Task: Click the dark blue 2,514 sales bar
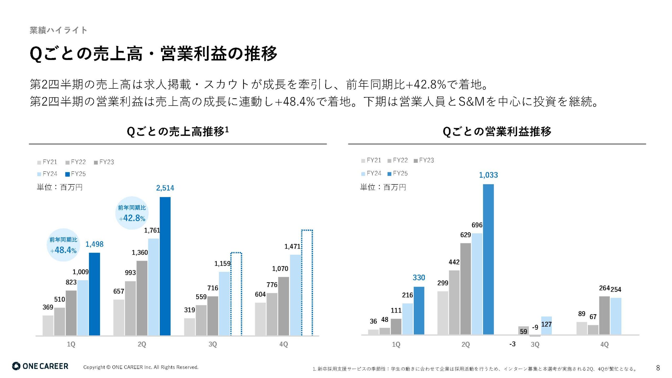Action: [x=165, y=266]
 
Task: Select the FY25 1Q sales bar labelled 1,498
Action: [x=94, y=294]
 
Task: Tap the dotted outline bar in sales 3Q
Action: [x=236, y=294]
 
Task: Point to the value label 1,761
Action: [x=152, y=230]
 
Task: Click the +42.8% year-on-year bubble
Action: [x=132, y=213]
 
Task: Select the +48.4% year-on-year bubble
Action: [x=63, y=245]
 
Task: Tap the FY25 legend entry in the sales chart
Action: [x=76, y=174]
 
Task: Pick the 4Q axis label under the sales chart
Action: [x=283, y=344]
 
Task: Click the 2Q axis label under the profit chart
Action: [x=465, y=344]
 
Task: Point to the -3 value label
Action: [x=512, y=344]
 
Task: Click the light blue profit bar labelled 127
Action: [x=546, y=325]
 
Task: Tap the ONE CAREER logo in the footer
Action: [x=40, y=366]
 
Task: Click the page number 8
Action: [x=658, y=368]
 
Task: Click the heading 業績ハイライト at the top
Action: [x=58, y=30]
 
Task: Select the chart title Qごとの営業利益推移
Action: [x=497, y=132]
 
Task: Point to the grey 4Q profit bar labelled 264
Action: [x=604, y=315]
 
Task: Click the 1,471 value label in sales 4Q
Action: [x=292, y=246]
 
